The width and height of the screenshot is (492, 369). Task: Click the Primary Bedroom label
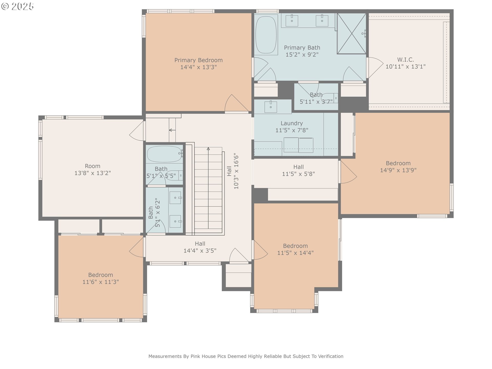198,64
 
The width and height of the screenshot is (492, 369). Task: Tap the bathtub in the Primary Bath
266,35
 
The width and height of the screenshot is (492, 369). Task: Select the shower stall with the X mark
352,34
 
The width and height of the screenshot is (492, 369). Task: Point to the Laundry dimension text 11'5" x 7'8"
292,130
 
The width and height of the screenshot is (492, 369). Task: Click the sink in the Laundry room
271,107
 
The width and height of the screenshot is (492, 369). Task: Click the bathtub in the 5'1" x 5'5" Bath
165,154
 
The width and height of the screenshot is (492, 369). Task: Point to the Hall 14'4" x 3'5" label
200,247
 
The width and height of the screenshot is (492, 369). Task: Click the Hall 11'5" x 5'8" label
299,170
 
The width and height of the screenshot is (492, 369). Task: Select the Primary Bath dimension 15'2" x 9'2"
302,55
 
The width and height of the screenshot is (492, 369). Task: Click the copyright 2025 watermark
17,6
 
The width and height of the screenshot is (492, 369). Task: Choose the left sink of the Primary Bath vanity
292,20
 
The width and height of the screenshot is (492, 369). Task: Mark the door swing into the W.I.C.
376,67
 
